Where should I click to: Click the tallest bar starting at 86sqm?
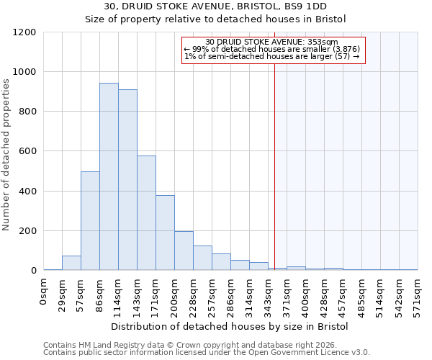pos(109,176)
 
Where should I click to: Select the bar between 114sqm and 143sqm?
pos(127,180)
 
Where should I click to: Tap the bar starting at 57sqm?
pos(90,221)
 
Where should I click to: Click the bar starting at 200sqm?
pos(184,251)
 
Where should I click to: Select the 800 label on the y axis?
pos(27,112)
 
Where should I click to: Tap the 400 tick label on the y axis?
pos(27,192)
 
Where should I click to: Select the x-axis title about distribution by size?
pos(230,326)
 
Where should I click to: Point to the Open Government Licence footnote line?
pos(206,353)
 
